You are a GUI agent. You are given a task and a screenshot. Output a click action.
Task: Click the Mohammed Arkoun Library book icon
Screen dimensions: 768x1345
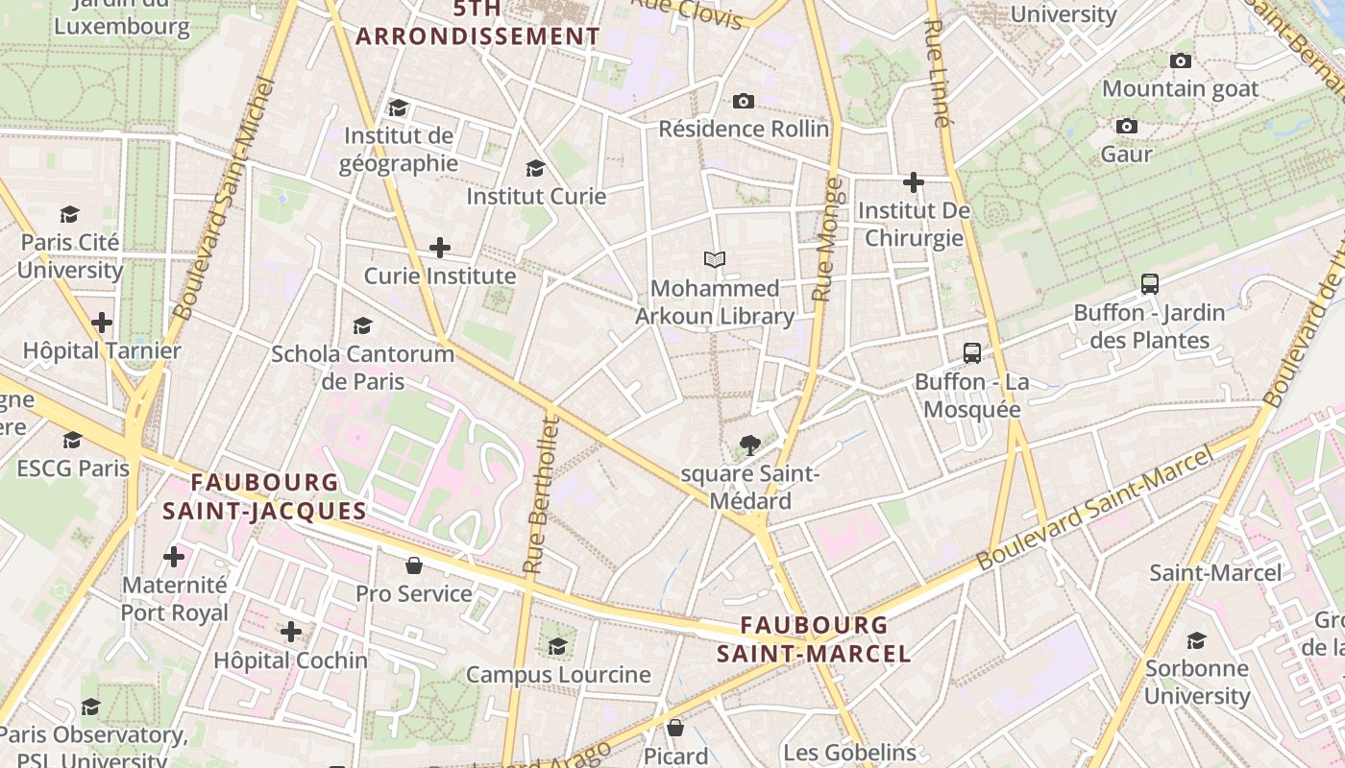tap(714, 259)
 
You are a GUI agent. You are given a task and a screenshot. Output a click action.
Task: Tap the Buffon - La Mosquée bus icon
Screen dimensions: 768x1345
tap(972, 353)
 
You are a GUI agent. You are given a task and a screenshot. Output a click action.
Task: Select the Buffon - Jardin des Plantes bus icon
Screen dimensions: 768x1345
tap(1150, 284)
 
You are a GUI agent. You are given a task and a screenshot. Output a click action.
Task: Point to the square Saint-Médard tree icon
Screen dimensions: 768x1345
tap(750, 444)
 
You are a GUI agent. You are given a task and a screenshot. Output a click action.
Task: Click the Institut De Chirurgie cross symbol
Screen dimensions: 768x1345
tap(914, 181)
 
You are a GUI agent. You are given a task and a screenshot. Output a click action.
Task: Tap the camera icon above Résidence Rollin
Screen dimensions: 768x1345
tap(744, 101)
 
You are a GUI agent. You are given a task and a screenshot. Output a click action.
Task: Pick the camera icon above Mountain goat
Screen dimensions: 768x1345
tap(1181, 60)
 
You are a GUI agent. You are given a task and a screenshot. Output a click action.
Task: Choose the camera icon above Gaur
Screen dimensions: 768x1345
tap(1127, 126)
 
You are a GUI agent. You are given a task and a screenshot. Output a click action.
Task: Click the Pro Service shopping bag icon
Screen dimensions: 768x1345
tap(414, 565)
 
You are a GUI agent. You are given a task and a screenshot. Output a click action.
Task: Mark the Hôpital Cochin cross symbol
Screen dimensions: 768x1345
tap(291, 632)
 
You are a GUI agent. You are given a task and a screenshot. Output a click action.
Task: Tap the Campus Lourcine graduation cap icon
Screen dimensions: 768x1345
tap(558, 645)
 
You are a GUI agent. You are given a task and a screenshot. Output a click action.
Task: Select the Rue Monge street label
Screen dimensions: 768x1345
tap(827, 239)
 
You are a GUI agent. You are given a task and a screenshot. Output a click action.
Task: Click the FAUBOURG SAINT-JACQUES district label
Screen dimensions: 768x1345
tap(264, 496)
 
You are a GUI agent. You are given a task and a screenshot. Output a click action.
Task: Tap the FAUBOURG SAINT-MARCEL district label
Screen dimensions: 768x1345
tap(814, 639)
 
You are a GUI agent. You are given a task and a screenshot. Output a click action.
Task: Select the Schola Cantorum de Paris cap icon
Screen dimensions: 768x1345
tap(362, 325)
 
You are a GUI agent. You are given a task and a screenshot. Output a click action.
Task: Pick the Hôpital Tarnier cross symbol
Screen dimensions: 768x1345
tap(102, 323)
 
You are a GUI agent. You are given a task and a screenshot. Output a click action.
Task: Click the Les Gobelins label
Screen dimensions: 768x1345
tap(849, 752)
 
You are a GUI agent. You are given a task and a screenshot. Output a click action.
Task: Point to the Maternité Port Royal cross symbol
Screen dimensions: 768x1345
tap(174, 557)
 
